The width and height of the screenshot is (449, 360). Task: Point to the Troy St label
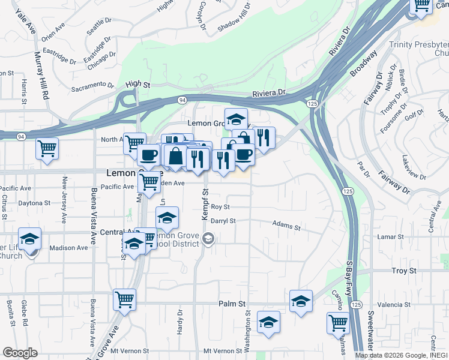[403, 271]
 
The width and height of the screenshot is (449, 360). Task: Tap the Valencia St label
[394, 305]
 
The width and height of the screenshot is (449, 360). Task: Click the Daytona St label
[34, 203]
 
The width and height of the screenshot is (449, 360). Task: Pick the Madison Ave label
[68, 248]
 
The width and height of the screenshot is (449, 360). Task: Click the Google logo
[20, 353]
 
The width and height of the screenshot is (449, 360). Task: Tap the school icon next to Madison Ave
[29, 239]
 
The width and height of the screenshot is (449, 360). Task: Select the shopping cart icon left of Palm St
[124, 299]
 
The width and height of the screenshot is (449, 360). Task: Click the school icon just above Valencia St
[301, 301]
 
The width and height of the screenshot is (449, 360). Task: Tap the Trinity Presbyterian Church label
[418, 49]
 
